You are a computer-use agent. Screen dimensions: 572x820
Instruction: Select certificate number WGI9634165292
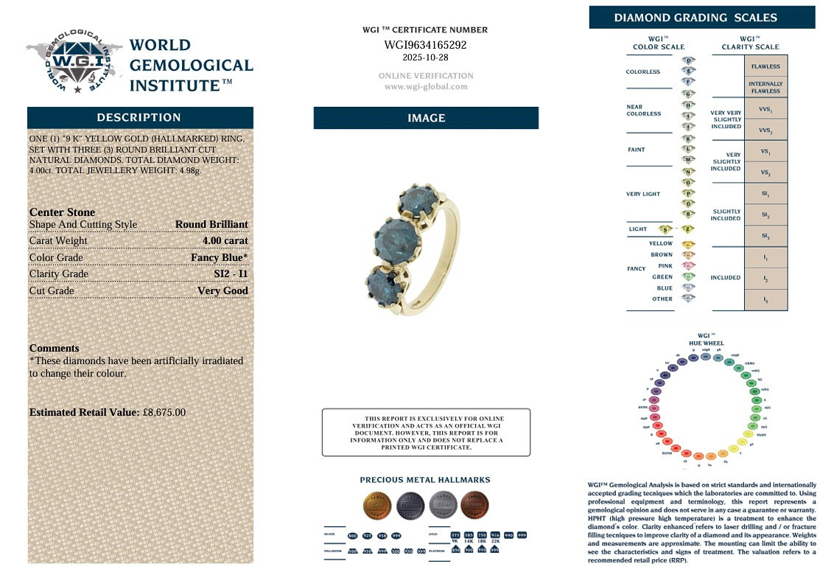(x=425, y=45)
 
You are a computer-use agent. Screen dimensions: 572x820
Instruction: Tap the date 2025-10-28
(x=425, y=57)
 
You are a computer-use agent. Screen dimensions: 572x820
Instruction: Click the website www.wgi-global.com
(x=426, y=86)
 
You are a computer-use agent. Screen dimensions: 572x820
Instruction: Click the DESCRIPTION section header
(x=139, y=118)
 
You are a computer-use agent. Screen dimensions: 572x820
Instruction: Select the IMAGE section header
(x=426, y=118)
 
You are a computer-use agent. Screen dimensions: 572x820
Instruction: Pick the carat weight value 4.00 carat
(x=225, y=241)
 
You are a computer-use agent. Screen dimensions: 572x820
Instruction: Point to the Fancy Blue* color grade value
(x=219, y=257)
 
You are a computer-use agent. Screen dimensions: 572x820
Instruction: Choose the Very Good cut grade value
(x=222, y=290)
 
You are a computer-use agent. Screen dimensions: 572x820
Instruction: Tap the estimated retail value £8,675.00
(x=164, y=413)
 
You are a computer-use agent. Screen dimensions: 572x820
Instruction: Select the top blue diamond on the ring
(x=417, y=201)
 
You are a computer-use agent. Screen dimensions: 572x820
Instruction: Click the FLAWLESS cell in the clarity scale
(x=765, y=66)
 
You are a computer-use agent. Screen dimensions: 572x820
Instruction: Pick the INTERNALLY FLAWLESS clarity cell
(x=765, y=87)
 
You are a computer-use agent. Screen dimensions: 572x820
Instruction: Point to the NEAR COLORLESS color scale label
(x=643, y=111)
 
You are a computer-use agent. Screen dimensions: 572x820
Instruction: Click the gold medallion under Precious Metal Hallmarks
(x=376, y=505)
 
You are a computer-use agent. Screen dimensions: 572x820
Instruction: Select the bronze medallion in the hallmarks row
(x=474, y=505)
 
